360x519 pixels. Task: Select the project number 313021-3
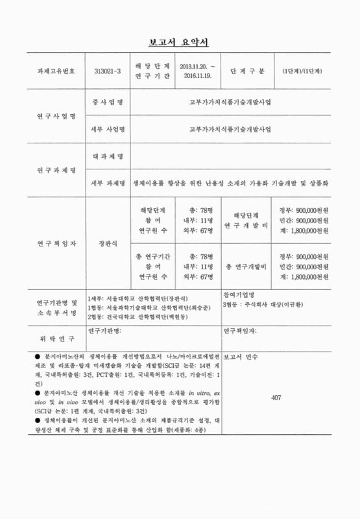pyautogui.click(x=108, y=71)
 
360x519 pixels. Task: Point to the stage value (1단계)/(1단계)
pyautogui.click(x=302, y=71)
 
